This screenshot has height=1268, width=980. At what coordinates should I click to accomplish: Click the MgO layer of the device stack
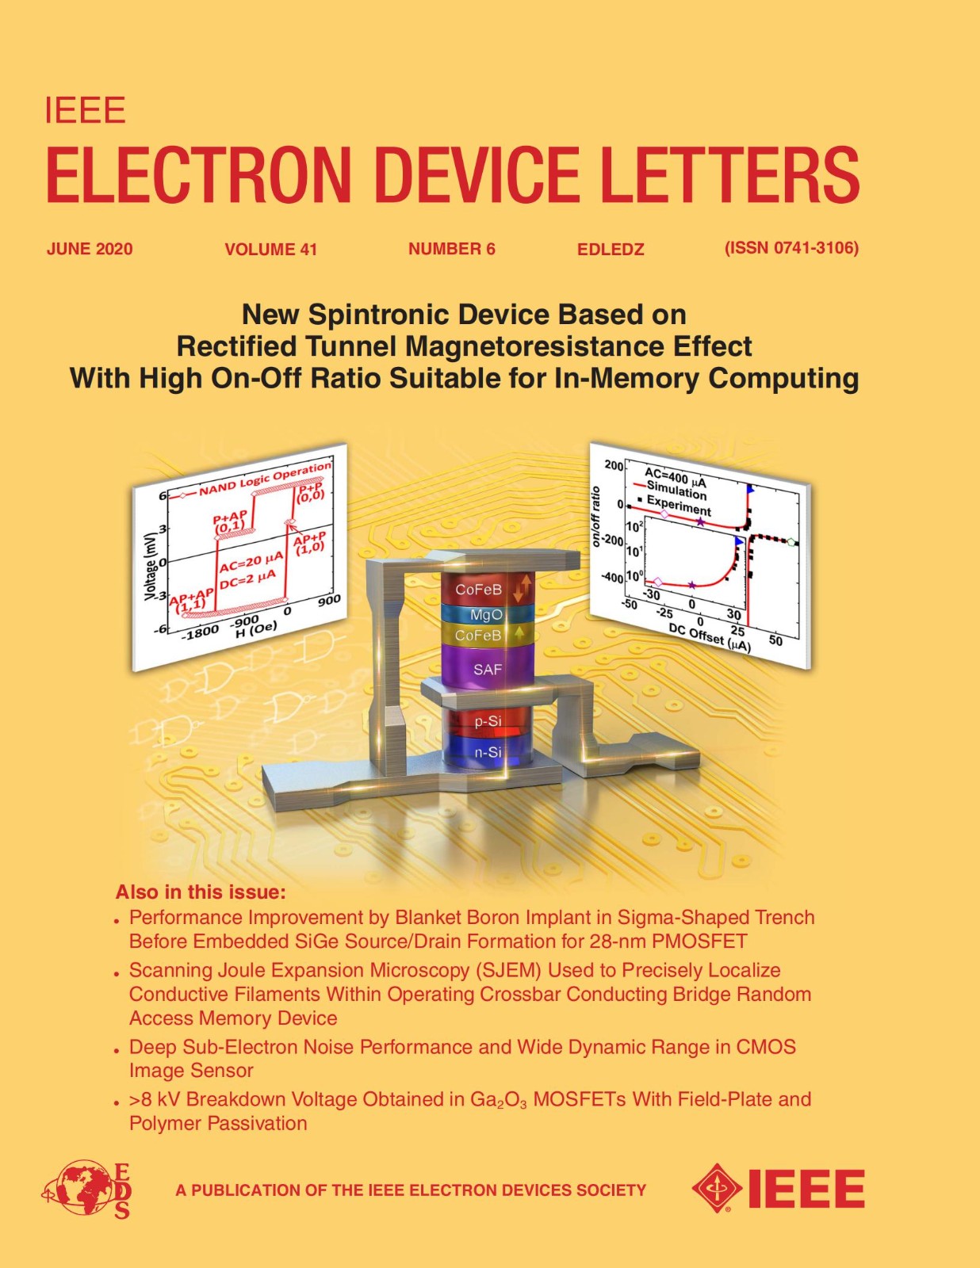coord(487,614)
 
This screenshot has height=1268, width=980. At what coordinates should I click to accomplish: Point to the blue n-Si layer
coord(488,752)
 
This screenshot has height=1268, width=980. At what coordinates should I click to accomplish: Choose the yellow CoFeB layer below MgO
coord(487,635)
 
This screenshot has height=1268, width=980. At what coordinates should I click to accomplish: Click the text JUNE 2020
coord(90,249)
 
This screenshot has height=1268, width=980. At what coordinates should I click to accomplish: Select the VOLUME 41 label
coord(271,250)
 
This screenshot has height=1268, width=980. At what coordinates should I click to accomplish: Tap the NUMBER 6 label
coord(452,249)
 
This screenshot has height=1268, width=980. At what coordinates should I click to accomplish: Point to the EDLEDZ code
coord(611,250)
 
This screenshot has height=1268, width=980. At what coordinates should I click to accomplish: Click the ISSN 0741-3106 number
coord(791,249)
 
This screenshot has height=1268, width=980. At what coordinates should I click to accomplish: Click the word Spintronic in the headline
coord(380,315)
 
